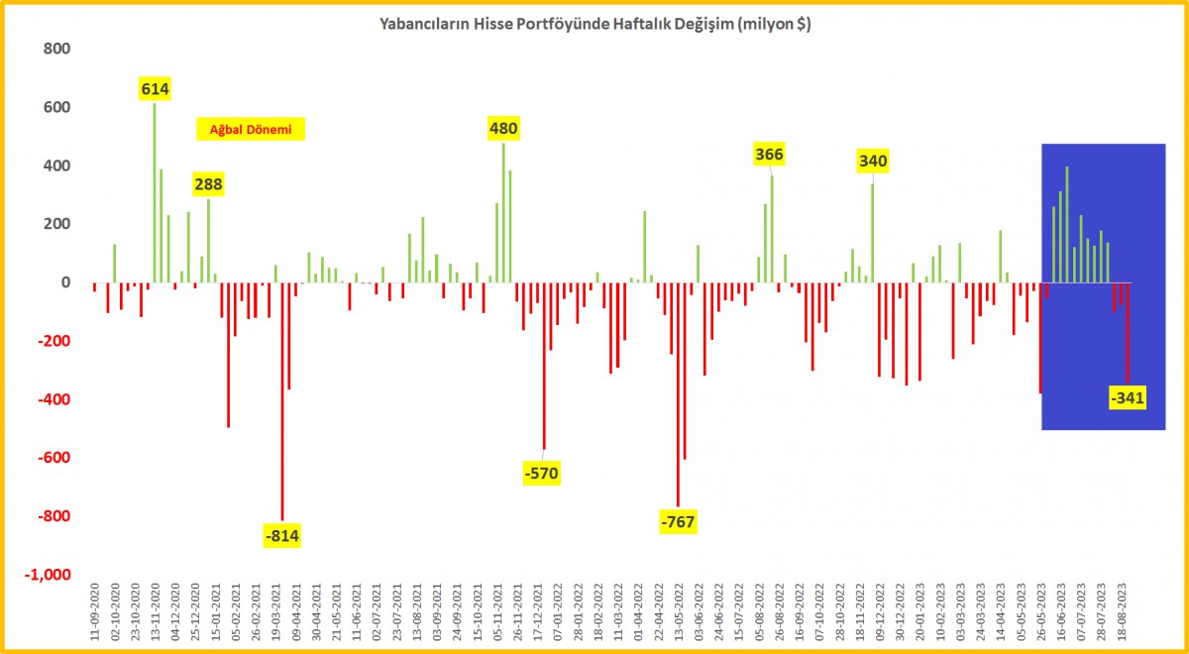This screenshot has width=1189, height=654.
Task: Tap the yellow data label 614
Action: (x=156, y=89)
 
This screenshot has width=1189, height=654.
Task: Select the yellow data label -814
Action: (x=281, y=536)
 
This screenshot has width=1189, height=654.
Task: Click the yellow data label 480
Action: (x=502, y=128)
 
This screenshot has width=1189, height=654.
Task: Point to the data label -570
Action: (x=541, y=474)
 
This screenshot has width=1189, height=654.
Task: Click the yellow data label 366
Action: (x=770, y=154)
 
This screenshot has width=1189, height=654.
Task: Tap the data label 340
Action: (x=873, y=161)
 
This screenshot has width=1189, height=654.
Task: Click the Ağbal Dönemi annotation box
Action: (x=250, y=129)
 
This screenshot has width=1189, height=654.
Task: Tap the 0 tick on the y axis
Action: (x=66, y=282)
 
